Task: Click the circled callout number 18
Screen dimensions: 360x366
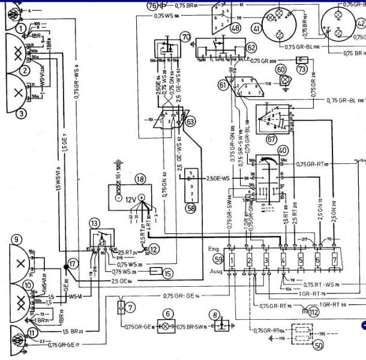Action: pyautogui.click(x=140, y=178)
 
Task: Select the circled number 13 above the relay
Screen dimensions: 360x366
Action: pyautogui.click(x=95, y=223)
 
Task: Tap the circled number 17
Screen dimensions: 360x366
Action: pyautogui.click(x=73, y=263)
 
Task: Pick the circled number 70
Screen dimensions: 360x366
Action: pyautogui.click(x=185, y=37)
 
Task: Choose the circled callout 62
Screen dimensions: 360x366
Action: pyautogui.click(x=251, y=47)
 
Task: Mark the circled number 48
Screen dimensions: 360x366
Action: pyautogui.click(x=235, y=28)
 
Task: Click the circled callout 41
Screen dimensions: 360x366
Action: pyautogui.click(x=257, y=28)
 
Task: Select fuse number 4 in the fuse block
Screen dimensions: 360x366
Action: pyautogui.click(x=283, y=260)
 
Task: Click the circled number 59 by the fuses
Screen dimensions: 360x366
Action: pyautogui.click(x=218, y=259)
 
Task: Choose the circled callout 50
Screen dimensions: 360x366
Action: pyautogui.click(x=319, y=346)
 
